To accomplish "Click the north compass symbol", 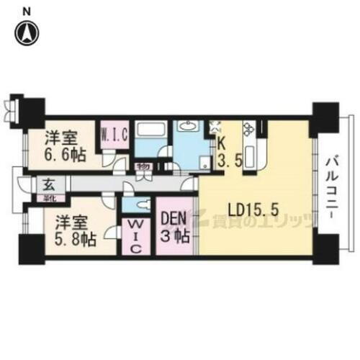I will pyautogui.click(x=27, y=32).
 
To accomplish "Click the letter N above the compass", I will pyautogui.click(x=27, y=11).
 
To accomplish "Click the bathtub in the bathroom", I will pyautogui.click(x=150, y=134).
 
